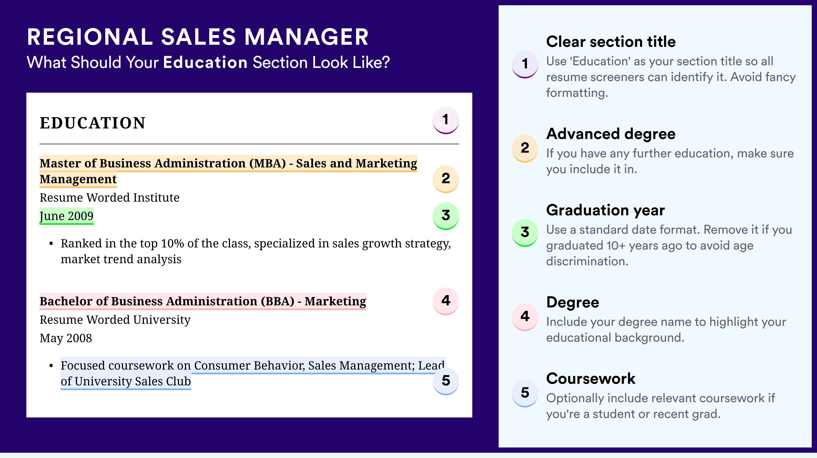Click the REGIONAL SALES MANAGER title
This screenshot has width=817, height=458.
(x=198, y=37)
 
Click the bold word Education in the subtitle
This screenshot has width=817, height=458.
(x=205, y=62)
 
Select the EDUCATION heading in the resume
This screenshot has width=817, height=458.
(x=92, y=123)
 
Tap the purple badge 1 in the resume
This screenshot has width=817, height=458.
(x=446, y=120)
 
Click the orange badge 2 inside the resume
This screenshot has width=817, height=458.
(x=446, y=179)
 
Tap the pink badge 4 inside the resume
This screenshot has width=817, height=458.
(x=446, y=301)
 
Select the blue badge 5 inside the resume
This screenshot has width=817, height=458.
(x=446, y=381)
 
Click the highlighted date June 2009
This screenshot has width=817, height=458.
(x=67, y=216)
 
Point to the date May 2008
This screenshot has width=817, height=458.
(x=66, y=338)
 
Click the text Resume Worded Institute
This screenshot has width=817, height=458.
(x=109, y=198)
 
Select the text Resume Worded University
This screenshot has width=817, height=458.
(x=115, y=320)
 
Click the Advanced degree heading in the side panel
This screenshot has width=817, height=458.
(x=611, y=134)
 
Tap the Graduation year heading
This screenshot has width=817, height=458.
(x=605, y=210)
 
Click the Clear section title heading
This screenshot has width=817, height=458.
(x=611, y=42)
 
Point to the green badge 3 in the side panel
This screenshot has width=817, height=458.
(x=525, y=233)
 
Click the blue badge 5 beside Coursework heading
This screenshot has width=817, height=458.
(x=525, y=393)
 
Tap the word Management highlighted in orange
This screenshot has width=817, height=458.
(x=78, y=179)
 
